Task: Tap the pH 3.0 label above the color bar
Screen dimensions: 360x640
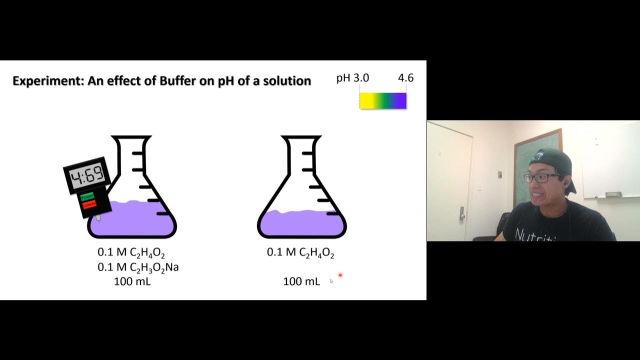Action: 352,78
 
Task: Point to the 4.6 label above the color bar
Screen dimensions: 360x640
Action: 405,78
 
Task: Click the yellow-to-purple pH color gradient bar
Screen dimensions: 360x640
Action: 383,101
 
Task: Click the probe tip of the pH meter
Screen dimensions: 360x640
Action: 98,218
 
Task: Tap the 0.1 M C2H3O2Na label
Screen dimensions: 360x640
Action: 138,267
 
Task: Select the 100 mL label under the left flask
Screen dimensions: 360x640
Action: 132,281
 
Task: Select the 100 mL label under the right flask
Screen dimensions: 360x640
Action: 301,281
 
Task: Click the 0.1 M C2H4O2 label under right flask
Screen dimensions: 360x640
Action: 300,253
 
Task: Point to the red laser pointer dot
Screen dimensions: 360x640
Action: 340,275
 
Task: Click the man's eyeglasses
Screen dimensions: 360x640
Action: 541,177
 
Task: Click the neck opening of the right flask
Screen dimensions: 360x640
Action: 301,137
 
